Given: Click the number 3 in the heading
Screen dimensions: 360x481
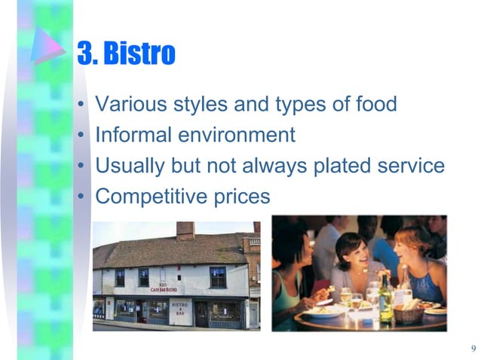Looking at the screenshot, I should click(84, 53).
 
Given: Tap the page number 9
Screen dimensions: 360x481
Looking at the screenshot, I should click(473, 348).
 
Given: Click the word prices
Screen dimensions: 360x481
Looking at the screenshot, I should click(240, 197).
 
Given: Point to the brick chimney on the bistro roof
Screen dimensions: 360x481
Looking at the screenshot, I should click(185, 230).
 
